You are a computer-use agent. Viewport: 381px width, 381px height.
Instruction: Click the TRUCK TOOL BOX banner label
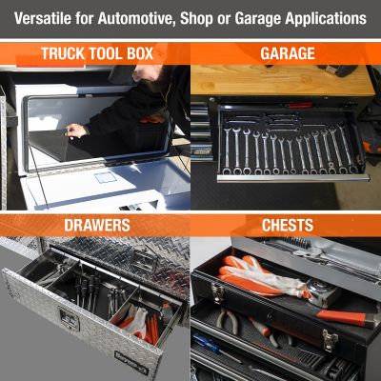coord(94,53)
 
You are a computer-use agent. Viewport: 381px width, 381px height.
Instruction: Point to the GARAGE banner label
coord(286,53)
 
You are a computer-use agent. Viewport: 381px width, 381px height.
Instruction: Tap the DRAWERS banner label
coord(94,226)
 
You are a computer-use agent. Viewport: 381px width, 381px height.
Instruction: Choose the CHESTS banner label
coord(286,226)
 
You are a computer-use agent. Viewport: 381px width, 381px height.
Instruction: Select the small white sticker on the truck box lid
coord(104,176)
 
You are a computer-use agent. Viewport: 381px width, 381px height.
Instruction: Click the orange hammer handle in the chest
coord(348,317)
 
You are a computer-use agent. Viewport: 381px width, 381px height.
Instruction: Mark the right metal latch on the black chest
coord(328,338)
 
